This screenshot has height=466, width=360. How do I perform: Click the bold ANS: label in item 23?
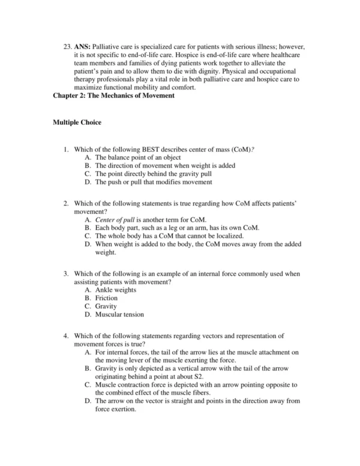[83, 47]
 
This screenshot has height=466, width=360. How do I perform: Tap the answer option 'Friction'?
[106, 298]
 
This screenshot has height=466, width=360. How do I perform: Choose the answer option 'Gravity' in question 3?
[106, 306]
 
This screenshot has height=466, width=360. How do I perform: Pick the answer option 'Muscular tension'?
[119, 314]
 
